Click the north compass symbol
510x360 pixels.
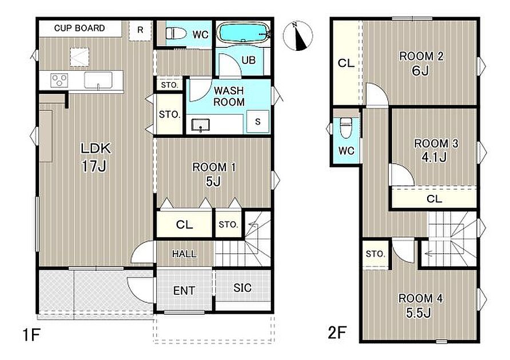298,36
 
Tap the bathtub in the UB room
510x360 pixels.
243,32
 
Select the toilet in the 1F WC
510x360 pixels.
176,33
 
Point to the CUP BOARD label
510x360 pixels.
79,28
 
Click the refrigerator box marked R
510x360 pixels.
140,30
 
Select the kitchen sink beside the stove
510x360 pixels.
98,81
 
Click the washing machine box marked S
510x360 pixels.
258,122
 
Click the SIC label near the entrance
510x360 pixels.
242,287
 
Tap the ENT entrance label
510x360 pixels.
184,290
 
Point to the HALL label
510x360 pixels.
184,254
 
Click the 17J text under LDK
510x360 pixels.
94,166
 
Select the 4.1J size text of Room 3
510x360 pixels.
434,157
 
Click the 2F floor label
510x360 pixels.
337,333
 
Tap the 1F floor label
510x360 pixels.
31,335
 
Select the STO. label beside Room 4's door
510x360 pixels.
375,254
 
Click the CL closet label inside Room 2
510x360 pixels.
346,63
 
